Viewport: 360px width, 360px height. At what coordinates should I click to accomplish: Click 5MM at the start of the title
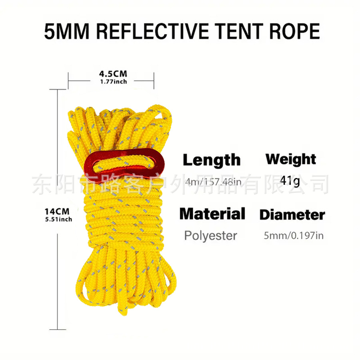click(x=66, y=31)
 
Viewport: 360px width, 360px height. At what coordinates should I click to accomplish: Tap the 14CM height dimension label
click(x=57, y=211)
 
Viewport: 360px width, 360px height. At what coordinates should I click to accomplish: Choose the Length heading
click(x=212, y=160)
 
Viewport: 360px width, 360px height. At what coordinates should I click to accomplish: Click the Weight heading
click(x=291, y=159)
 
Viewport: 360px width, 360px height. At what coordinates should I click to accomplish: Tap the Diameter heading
click(x=292, y=215)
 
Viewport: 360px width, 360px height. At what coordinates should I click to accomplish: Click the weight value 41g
click(x=290, y=181)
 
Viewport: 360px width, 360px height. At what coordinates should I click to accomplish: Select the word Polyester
click(x=210, y=236)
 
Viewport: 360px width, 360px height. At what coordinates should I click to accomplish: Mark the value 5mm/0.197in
click(x=294, y=236)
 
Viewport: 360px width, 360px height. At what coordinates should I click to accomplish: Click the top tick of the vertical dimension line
click(x=58, y=90)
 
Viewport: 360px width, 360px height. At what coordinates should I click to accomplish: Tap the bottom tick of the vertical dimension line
click(x=58, y=329)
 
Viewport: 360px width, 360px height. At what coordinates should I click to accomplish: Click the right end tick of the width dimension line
click(x=154, y=80)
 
